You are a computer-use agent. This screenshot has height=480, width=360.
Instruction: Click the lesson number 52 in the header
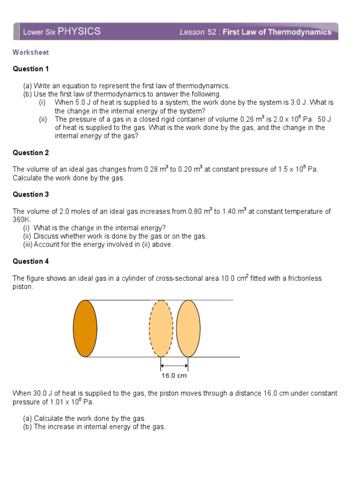[212, 32]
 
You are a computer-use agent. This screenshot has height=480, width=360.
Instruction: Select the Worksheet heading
[30, 52]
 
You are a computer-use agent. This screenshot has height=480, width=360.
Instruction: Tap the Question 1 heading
[30, 69]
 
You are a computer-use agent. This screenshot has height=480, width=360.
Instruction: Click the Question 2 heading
[30, 153]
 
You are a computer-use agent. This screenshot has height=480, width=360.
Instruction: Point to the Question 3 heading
[30, 195]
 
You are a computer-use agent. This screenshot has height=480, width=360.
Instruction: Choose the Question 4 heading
[30, 262]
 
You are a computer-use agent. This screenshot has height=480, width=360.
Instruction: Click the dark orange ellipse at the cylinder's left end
[85, 328]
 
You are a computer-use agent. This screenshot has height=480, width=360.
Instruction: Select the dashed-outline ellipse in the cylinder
[161, 328]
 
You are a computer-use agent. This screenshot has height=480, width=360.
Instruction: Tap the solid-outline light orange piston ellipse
[188, 328]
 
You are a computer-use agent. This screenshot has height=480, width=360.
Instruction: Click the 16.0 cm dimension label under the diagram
[174, 375]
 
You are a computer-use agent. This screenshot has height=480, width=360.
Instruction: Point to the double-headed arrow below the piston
[174, 366]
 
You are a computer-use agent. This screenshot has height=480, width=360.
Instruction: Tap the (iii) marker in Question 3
[28, 245]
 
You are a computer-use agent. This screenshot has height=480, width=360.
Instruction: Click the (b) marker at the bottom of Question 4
[28, 427]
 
